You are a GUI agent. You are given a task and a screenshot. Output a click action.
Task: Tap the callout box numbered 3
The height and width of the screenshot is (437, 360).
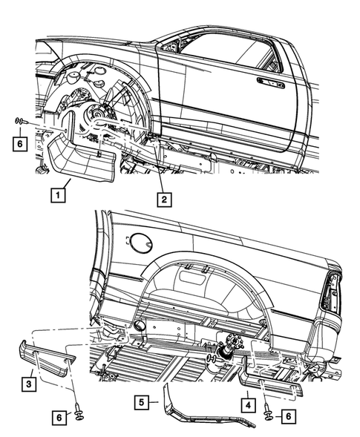pos(26,383)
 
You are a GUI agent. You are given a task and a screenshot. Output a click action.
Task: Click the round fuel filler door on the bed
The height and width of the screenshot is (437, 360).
pos(140,243)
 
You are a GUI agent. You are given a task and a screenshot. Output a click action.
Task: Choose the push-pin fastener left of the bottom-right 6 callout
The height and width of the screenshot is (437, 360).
pos(266,417)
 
